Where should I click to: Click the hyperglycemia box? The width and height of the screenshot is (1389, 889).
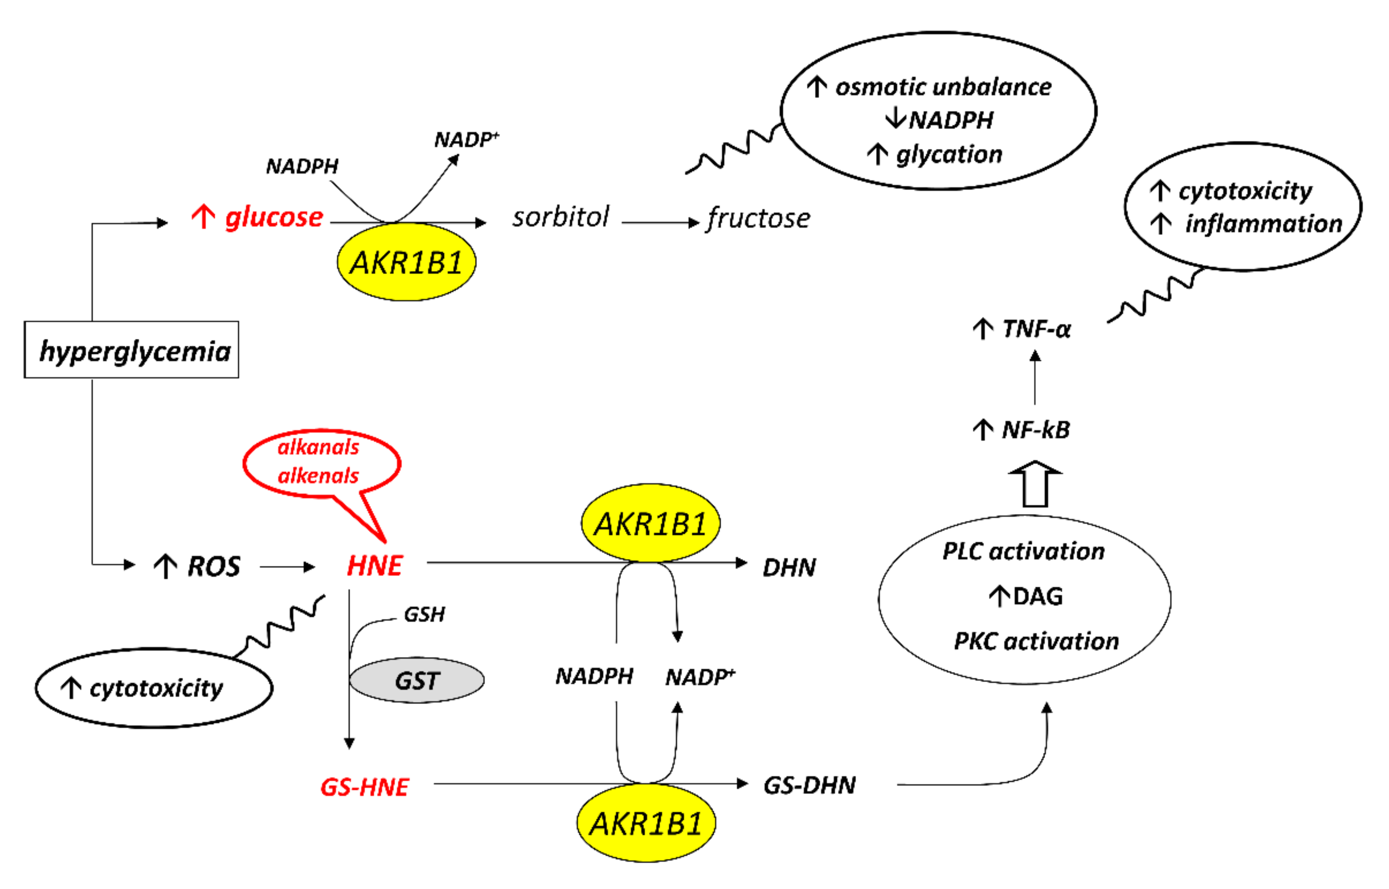[131, 350]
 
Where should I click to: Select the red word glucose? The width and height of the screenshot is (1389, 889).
[273, 218]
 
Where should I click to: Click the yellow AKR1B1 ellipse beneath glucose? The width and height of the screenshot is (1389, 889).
[406, 263]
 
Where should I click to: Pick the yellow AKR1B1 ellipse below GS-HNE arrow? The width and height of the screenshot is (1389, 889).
[646, 822]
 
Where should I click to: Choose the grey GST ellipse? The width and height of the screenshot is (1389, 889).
[417, 680]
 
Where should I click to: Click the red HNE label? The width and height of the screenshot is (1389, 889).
[374, 566]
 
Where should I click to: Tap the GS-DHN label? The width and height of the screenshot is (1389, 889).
[809, 786]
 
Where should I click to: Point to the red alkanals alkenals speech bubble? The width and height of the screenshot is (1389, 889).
[321, 462]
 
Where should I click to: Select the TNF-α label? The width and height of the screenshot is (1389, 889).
[1036, 329]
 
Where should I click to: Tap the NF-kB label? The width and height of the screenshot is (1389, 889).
[1035, 430]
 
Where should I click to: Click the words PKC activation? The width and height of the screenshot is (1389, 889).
[1036, 641]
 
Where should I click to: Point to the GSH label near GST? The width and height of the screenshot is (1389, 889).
[424, 614]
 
